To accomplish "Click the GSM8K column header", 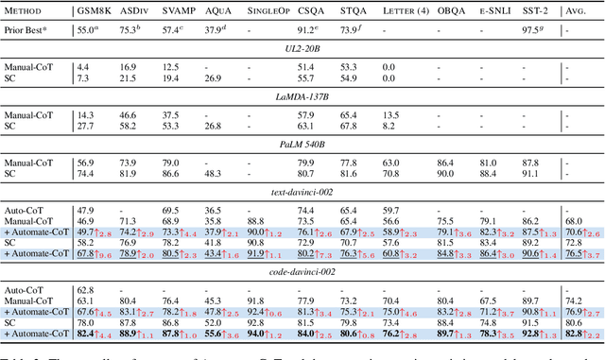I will point(93,10).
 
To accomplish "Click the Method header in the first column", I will point(35,10).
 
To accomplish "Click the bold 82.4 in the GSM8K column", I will point(86,334).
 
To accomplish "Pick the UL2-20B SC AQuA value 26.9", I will point(213,77).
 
